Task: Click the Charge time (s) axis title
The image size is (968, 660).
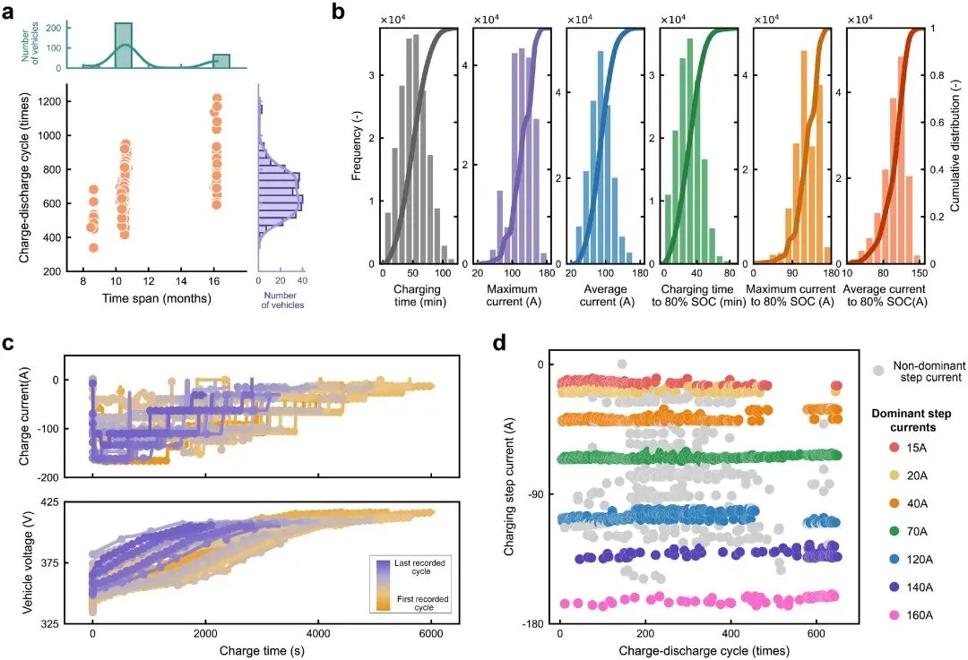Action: click(x=262, y=647)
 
